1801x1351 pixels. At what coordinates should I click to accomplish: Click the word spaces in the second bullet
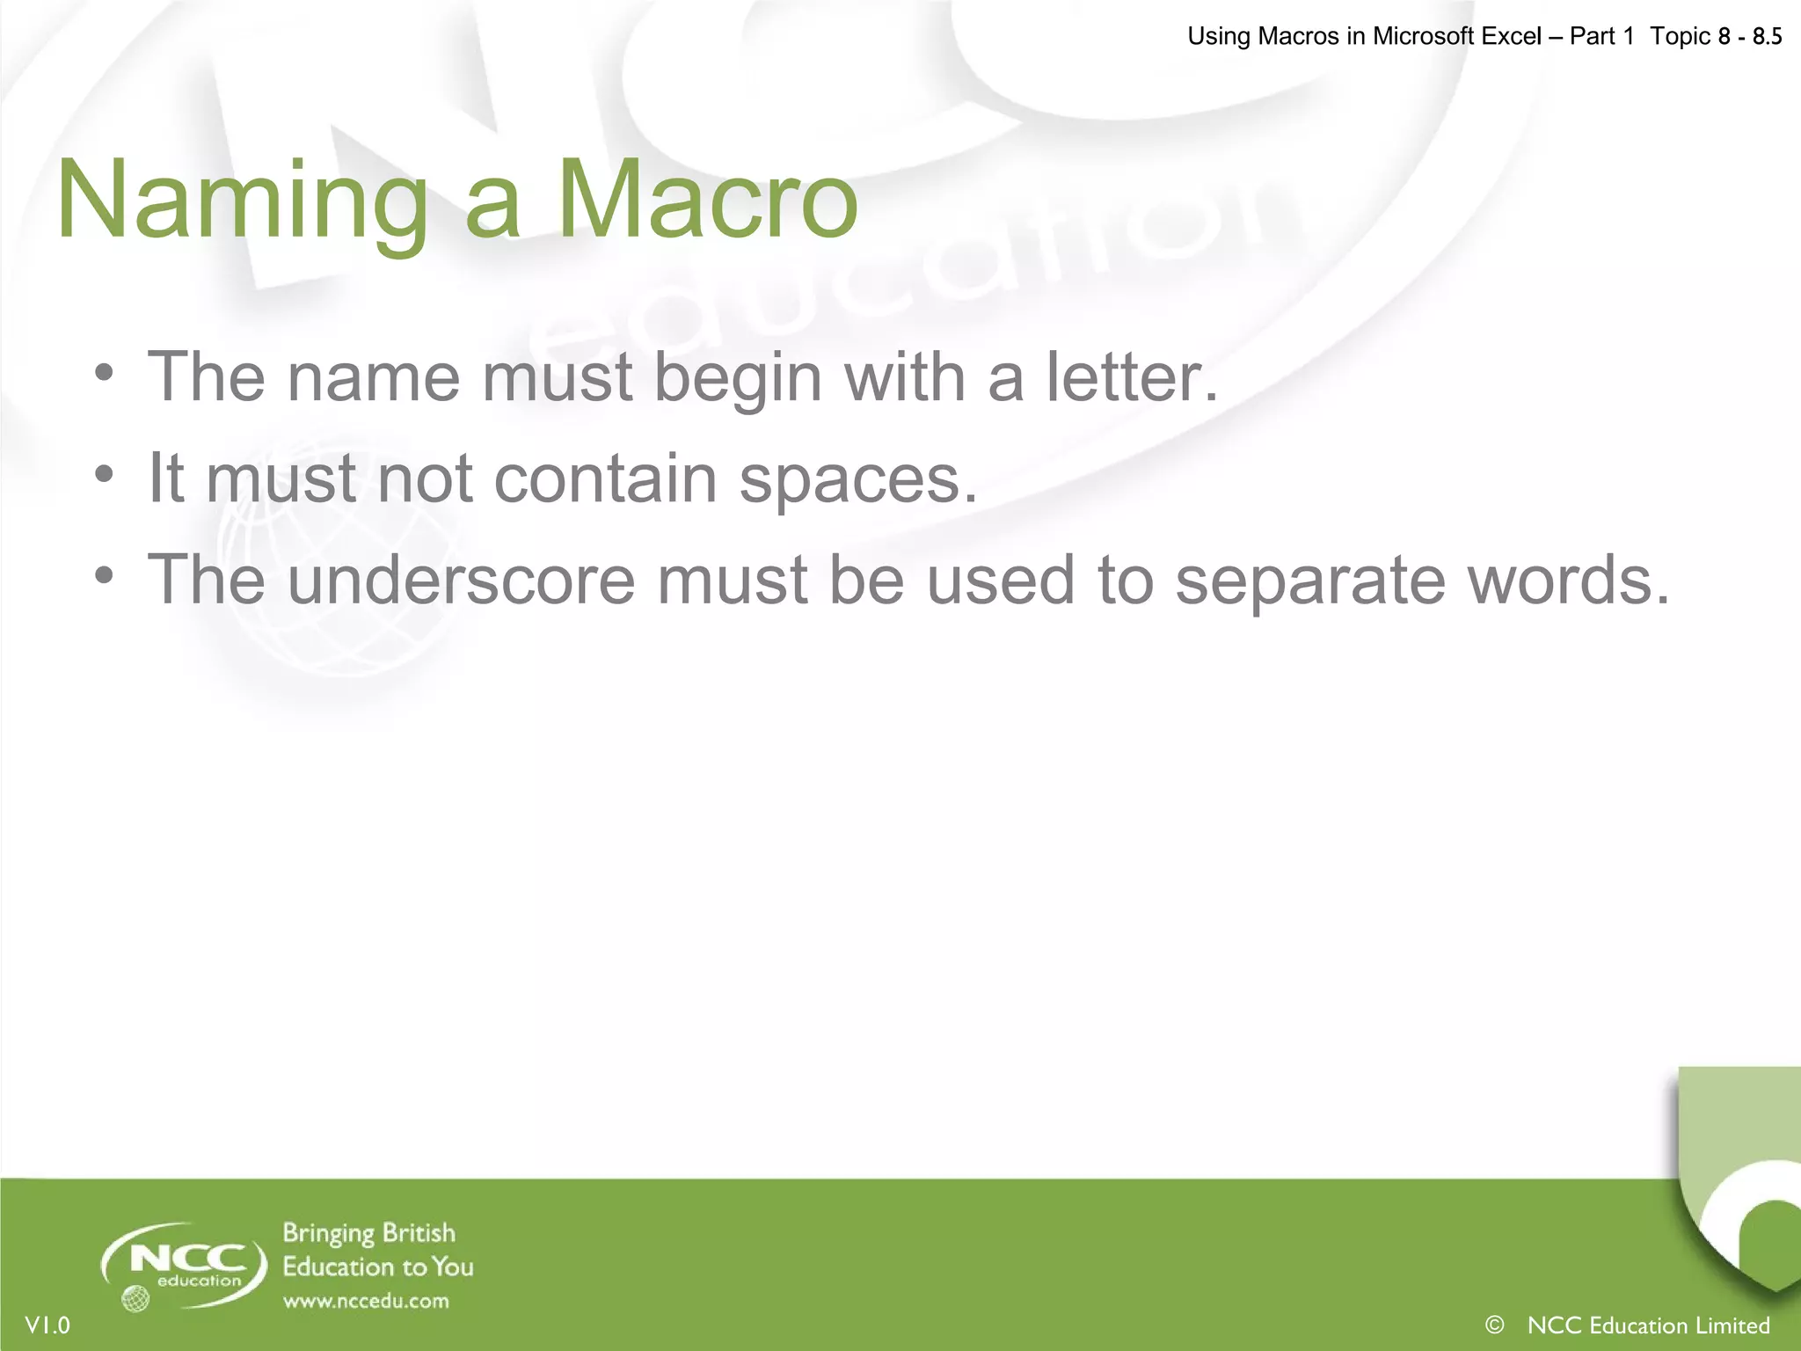857,480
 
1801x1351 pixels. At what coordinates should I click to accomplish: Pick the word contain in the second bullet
606,478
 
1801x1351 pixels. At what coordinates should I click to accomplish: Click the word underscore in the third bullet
461,580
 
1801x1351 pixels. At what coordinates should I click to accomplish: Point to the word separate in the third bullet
1310,581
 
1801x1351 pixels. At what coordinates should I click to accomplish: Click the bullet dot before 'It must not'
105,475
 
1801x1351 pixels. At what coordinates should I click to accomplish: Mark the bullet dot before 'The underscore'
105,576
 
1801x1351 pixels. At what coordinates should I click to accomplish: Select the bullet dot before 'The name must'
105,374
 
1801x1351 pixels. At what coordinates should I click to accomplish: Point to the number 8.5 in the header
1767,36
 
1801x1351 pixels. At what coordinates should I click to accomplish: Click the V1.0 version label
47,1325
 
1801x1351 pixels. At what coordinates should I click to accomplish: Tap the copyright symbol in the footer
1494,1324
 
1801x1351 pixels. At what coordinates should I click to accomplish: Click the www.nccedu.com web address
366,1301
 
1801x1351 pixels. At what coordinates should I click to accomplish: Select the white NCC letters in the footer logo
187,1259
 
